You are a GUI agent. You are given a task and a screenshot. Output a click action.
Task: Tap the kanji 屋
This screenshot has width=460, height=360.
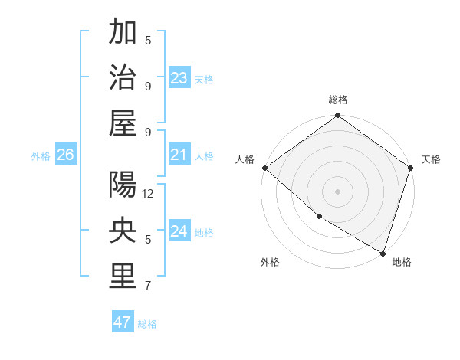(123, 123)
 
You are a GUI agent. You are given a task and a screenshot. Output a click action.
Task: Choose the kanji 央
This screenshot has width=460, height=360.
(123, 231)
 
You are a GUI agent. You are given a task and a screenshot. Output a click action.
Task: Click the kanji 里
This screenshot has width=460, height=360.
(123, 277)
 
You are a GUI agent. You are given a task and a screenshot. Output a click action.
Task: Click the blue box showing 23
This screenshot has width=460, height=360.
(179, 78)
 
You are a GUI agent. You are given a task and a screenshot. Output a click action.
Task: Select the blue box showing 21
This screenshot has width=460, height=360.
(179, 155)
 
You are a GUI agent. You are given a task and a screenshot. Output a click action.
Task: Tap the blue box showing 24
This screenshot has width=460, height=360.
(179, 232)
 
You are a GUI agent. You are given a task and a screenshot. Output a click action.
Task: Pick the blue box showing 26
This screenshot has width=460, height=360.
(65, 155)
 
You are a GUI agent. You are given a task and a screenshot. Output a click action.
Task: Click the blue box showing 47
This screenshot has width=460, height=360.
(123, 322)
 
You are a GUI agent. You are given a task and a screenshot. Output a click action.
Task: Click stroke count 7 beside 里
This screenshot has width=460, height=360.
(148, 286)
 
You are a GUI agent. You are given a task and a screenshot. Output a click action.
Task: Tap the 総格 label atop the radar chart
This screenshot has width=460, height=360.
(337, 100)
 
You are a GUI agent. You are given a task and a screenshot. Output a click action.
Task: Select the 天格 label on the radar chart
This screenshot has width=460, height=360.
(431, 159)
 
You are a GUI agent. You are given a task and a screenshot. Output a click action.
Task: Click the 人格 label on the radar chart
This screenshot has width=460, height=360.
(245, 159)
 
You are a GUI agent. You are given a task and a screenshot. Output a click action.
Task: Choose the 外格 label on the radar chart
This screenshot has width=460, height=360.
(270, 262)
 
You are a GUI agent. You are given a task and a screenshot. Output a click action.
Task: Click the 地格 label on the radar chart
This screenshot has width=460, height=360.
(402, 262)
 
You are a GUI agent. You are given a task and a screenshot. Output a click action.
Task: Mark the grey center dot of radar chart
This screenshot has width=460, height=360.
(337, 191)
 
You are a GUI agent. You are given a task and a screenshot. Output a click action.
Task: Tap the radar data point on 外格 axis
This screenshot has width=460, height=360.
(319, 216)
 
